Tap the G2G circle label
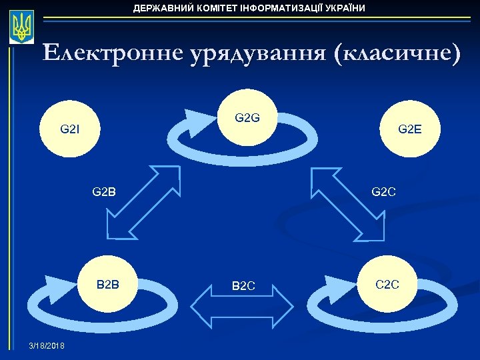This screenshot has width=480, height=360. [247, 119]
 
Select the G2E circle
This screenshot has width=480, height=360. [409, 128]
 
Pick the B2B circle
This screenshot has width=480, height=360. [108, 285]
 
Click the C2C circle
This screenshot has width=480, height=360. [387, 285]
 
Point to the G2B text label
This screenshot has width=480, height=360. [103, 193]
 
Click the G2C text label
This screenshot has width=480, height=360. [384, 193]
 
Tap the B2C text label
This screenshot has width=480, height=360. [243, 287]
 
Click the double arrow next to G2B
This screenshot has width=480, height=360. [143, 202]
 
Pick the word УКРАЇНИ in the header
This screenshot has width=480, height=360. [344, 8]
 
